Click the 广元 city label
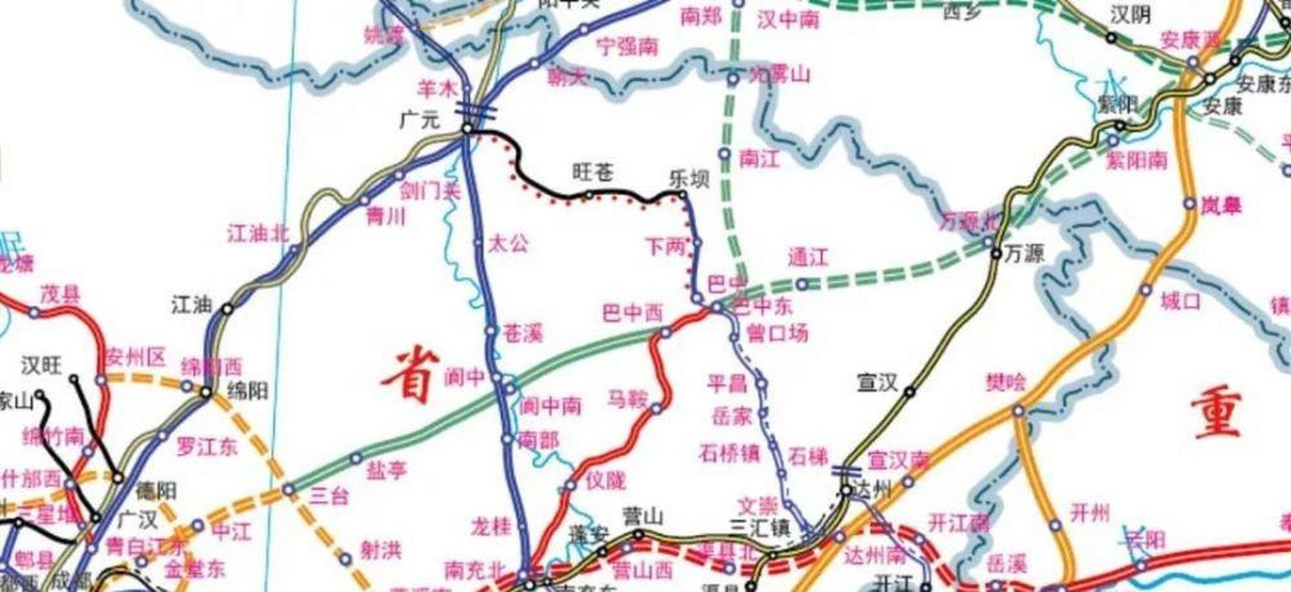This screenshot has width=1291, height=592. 419,121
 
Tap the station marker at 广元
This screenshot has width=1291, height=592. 467,129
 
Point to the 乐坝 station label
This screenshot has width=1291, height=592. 690,179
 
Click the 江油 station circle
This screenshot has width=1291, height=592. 228,309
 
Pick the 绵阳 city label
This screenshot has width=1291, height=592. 248,391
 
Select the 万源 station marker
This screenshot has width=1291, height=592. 996,254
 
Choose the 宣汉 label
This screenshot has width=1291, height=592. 877,384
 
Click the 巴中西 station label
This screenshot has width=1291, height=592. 632,314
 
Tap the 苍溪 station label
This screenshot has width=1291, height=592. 523,333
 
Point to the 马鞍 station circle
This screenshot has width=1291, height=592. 656,409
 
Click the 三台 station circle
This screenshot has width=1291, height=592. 289,489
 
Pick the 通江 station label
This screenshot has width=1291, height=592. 808,258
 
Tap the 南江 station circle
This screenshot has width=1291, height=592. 724,154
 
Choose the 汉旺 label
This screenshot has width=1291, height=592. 42,366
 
